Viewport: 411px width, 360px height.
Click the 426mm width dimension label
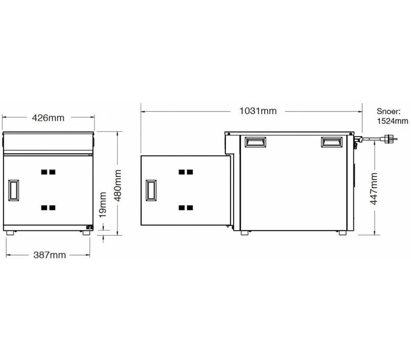(x=48, y=118)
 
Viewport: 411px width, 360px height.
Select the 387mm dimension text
(x=49, y=255)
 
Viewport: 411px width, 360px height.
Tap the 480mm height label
(x=118, y=186)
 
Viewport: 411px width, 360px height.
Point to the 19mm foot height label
(x=102, y=205)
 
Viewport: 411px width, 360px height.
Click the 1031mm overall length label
(x=258, y=111)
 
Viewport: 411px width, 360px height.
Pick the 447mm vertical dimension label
(x=373, y=189)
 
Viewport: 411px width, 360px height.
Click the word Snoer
(x=389, y=111)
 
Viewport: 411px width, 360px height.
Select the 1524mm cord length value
(x=393, y=121)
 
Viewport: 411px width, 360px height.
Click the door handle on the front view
(x=14, y=190)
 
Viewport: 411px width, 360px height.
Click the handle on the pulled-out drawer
(x=151, y=190)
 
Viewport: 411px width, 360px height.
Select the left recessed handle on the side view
(x=255, y=142)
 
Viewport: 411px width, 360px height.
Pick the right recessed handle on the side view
(x=332, y=142)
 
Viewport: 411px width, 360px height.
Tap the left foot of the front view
(x=10, y=233)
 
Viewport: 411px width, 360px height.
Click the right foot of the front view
(x=86, y=233)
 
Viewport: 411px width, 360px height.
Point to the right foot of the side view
(x=343, y=233)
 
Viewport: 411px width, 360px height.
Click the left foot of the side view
(x=245, y=233)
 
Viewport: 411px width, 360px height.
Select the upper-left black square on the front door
(x=44, y=172)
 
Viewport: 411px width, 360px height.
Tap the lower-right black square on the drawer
(x=190, y=208)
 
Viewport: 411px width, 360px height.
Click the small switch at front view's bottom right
(x=89, y=227)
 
